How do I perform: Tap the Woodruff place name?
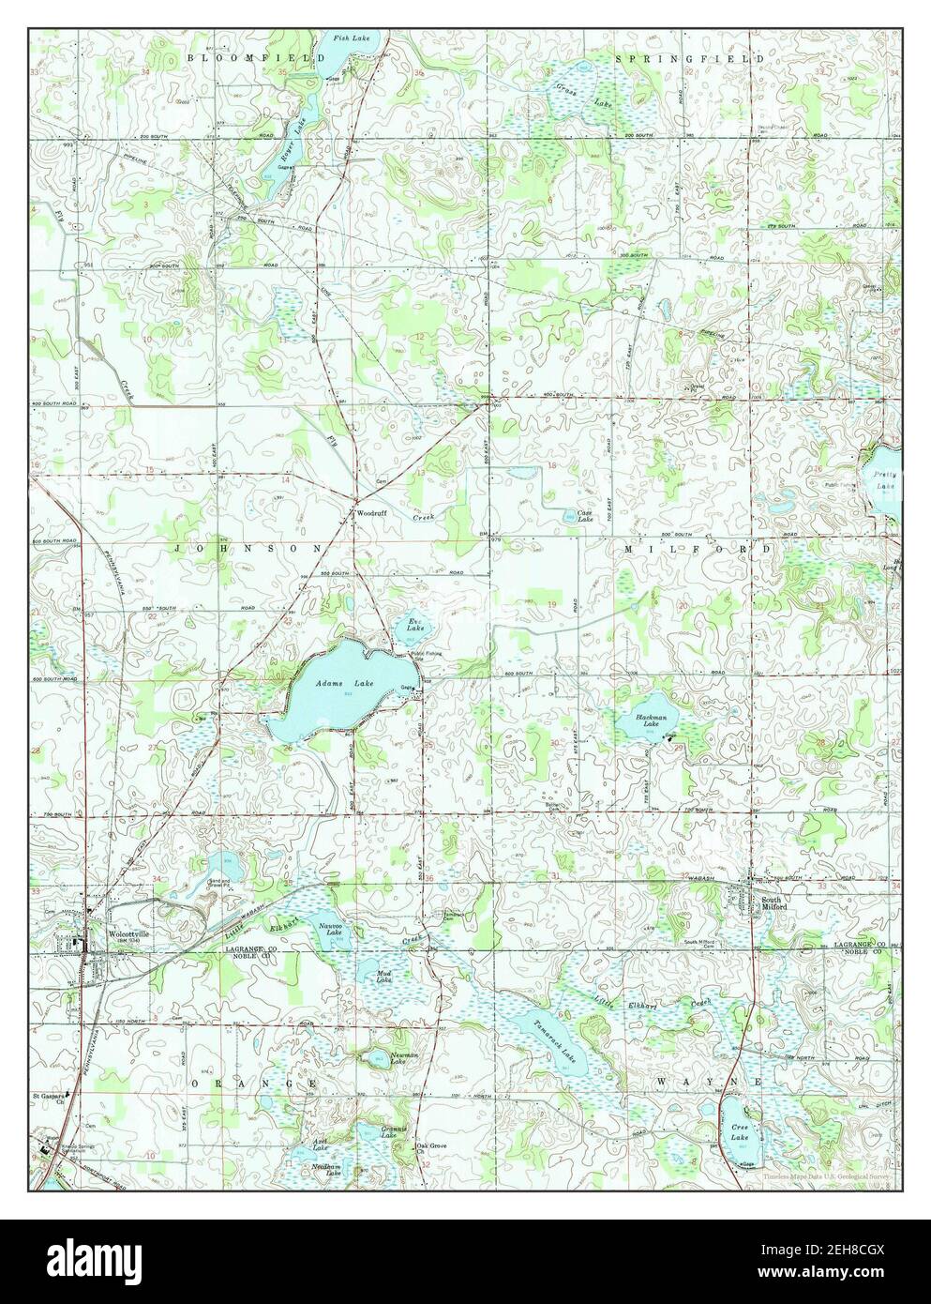370,514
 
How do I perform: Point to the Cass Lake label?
584,516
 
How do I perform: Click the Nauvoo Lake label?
329,930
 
